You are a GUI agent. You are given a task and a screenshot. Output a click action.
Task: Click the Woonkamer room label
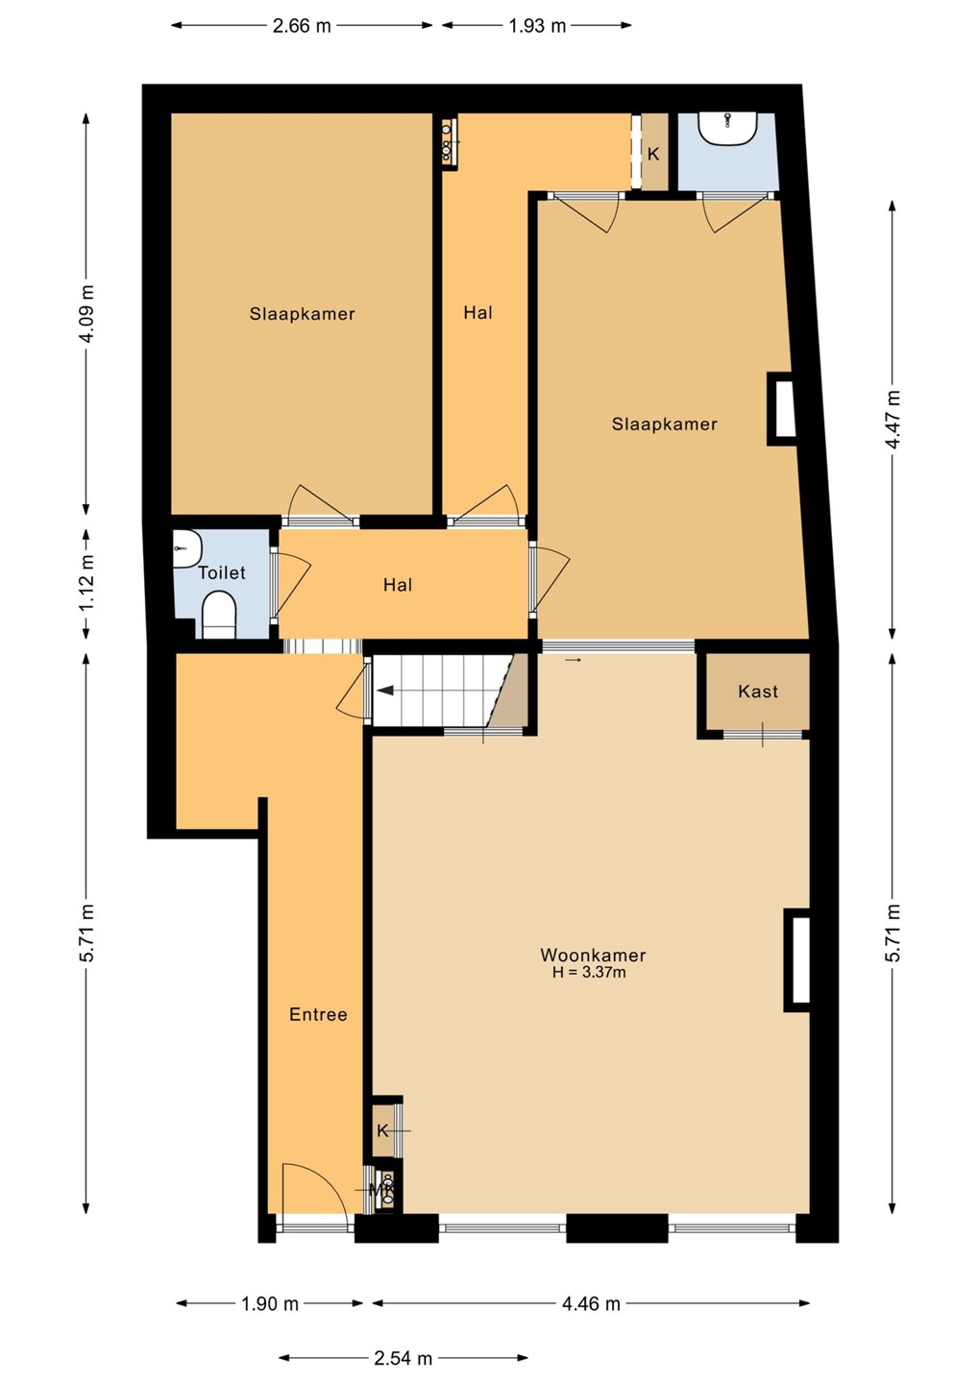click(x=593, y=955)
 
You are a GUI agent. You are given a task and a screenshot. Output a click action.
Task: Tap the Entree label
click(x=318, y=1014)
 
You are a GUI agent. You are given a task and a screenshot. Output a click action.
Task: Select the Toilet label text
click(x=222, y=572)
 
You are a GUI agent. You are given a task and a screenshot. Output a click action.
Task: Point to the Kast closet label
click(x=758, y=691)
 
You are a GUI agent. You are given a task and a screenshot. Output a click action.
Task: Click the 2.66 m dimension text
click(x=302, y=26)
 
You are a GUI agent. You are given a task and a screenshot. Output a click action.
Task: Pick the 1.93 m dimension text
click(x=537, y=26)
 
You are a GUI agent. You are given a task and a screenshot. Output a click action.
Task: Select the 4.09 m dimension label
click(x=87, y=314)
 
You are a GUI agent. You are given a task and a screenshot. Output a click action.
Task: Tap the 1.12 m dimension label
click(x=87, y=583)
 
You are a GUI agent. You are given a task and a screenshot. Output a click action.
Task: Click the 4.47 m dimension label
click(x=893, y=419)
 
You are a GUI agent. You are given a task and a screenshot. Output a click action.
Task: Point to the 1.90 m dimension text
click(x=270, y=1304)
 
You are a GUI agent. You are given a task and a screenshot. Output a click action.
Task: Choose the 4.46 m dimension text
click(x=591, y=1304)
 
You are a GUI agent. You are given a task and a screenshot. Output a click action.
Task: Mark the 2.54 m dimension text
click(x=403, y=1358)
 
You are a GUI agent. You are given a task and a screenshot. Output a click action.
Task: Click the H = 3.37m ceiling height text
click(x=589, y=972)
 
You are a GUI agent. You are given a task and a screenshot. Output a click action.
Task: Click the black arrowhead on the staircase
click(x=385, y=691)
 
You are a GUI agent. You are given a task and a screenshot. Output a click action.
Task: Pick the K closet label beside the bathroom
click(x=653, y=154)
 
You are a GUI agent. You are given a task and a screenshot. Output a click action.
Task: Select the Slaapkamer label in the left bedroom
click(x=302, y=314)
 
